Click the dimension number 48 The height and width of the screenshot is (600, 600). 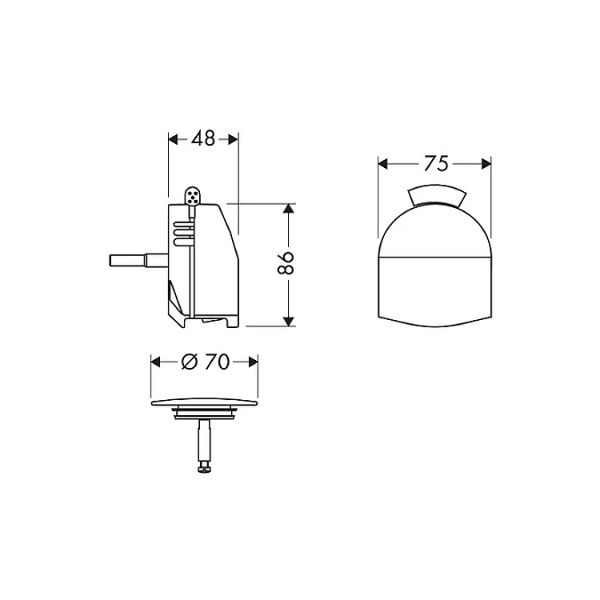pos(203,139)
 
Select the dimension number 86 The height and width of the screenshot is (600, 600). pos(286,263)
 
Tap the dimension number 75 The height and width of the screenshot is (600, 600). pos(436,164)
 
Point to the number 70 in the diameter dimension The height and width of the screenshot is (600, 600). pos(217,362)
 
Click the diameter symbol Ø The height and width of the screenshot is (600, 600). pos(190,362)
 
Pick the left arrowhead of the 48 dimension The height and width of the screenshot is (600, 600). pos(174,139)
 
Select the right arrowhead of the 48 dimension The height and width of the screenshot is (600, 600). pos(234,139)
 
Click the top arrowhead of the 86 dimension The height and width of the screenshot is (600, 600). pos(289,209)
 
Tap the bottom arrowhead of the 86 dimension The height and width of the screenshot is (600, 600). pos(289,322)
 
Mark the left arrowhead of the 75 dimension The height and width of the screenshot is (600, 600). pos(382,164)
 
